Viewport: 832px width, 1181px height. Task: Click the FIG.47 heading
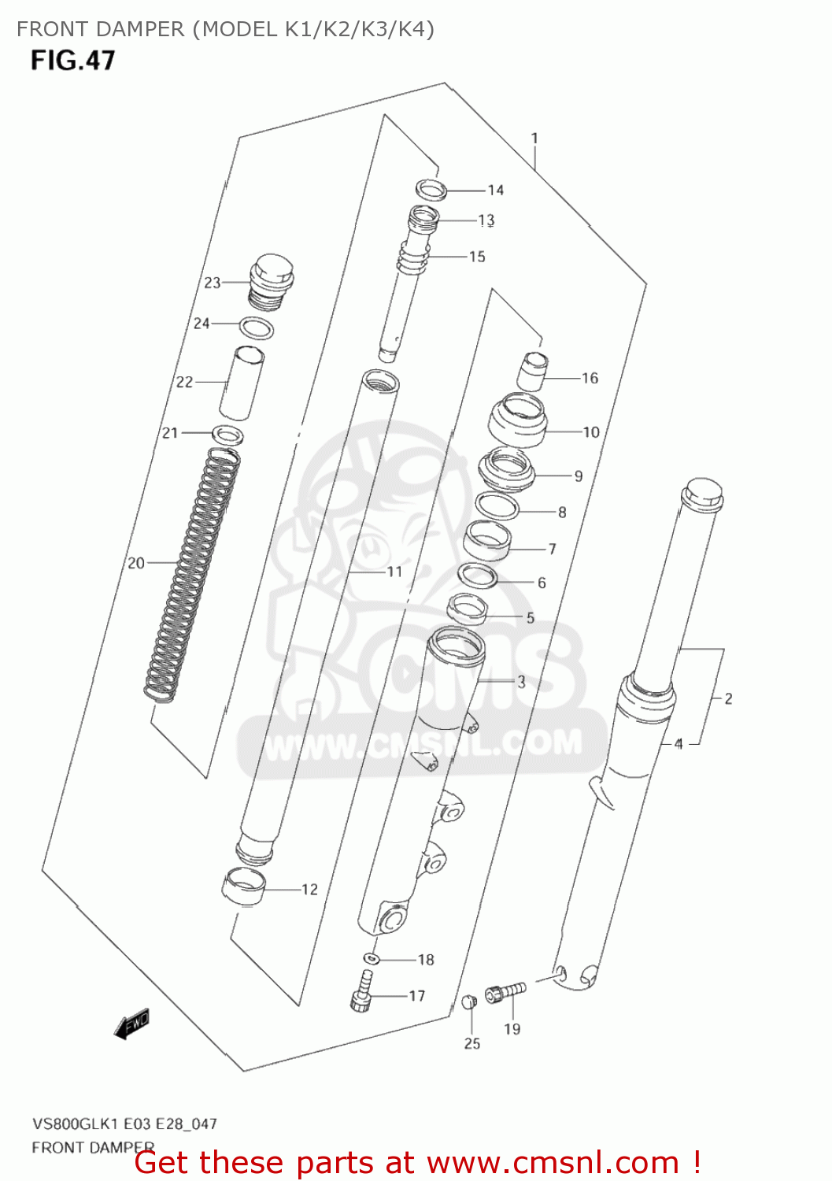tap(72, 61)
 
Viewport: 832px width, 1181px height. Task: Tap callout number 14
tap(495, 190)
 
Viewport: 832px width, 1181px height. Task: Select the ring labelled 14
tap(431, 189)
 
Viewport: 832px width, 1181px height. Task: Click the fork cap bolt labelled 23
tap(271, 280)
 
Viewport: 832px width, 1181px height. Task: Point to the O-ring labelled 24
tap(257, 328)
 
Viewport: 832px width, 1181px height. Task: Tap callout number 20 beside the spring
tap(136, 563)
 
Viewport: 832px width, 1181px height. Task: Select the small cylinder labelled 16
tap(533, 371)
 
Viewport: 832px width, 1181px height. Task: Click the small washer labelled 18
tap(372, 959)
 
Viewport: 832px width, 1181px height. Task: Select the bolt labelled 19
tap(505, 991)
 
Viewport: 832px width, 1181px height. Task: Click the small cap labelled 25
tap(469, 1001)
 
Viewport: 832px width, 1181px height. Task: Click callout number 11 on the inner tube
tap(394, 572)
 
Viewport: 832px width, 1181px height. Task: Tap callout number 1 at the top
tap(534, 139)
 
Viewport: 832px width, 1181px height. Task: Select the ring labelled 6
tap(477, 576)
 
